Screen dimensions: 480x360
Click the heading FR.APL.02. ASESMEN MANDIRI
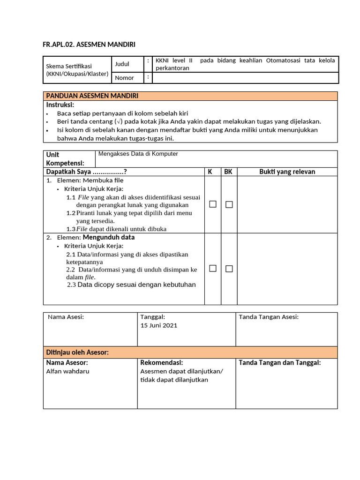(89, 45)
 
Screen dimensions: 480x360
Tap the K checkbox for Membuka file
(213, 204)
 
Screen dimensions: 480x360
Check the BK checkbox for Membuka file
(229, 204)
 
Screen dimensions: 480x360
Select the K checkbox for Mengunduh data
(213, 269)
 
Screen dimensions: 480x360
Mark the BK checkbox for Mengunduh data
(229, 269)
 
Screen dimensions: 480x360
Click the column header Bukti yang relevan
(287, 172)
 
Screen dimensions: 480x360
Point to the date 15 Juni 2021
(159, 325)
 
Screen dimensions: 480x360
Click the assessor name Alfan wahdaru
(67, 371)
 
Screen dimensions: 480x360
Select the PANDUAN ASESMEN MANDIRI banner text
(92, 96)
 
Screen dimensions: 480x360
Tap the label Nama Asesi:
(66, 317)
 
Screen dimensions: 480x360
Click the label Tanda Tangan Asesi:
(269, 317)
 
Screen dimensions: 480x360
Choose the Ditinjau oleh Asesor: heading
(77, 352)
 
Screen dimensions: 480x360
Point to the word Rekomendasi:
(161, 362)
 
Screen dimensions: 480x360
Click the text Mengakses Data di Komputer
(138, 154)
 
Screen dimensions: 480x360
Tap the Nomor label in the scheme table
(124, 78)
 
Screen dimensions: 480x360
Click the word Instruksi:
(60, 105)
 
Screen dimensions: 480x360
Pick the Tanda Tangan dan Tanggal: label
(279, 362)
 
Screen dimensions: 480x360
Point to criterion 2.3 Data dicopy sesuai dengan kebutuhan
(131, 285)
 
